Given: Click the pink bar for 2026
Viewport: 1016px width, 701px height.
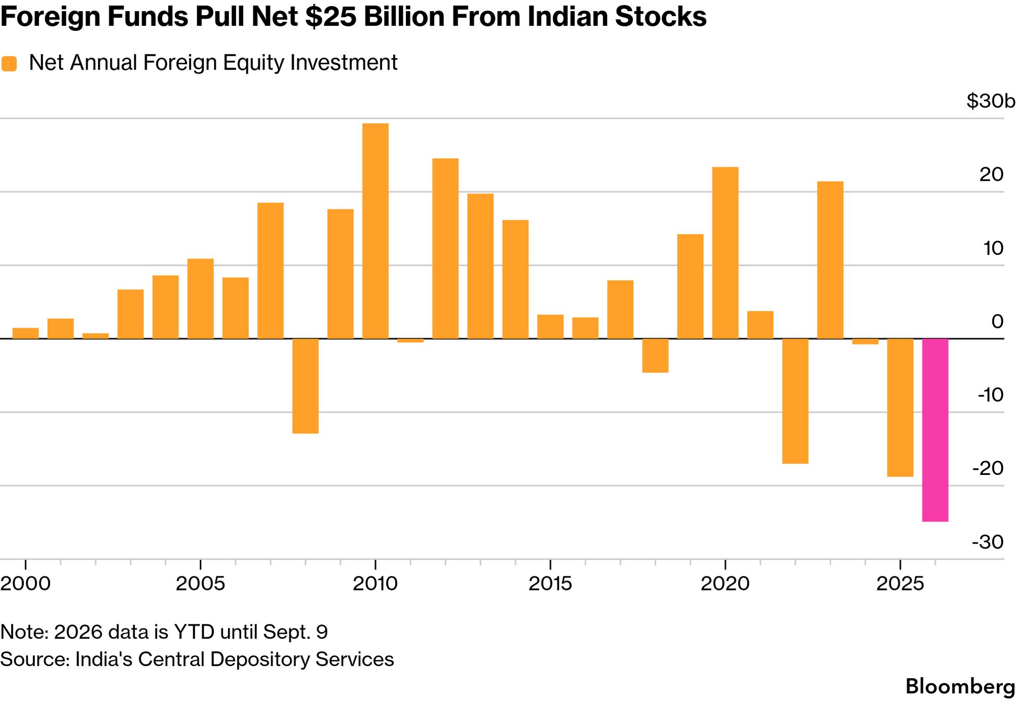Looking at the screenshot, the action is point(935,430).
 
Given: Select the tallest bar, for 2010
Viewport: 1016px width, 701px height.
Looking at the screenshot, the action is point(375,231).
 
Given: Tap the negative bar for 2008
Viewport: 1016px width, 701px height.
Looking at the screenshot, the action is point(306,386).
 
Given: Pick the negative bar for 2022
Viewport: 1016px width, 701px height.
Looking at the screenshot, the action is point(795,401).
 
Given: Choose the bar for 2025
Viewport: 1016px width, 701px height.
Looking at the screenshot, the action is point(900,408).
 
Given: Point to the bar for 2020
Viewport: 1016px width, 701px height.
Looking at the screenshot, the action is point(725,253).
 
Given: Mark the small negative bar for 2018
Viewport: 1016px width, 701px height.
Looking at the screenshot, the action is point(655,355).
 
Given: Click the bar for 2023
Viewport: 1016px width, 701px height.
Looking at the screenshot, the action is point(830,260).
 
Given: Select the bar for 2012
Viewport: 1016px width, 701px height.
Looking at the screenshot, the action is point(445,248).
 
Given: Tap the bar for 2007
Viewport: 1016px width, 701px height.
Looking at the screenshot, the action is point(271,271).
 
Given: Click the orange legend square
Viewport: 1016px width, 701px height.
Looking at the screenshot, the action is point(9,64).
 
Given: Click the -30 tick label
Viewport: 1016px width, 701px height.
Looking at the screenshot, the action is point(988,542).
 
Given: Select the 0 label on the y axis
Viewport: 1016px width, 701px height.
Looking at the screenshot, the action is point(997,321).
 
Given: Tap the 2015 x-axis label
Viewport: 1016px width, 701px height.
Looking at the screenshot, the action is point(550,583).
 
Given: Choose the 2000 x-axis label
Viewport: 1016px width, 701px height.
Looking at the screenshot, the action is point(25,583).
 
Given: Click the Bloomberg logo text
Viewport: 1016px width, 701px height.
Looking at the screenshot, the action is point(960,686).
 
